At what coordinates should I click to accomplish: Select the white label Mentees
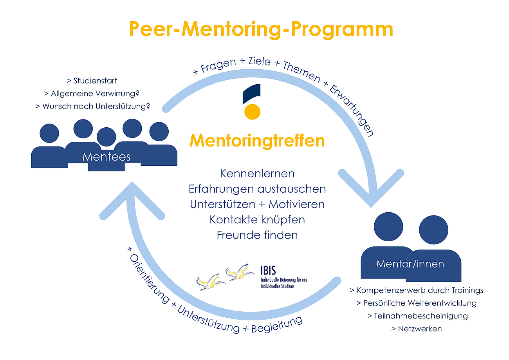point(106,157)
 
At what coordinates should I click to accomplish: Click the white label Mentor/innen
point(410,264)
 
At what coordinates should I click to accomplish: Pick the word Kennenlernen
point(257,173)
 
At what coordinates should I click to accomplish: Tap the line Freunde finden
point(257,235)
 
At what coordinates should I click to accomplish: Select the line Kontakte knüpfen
point(257,220)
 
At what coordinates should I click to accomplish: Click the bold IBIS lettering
point(268,270)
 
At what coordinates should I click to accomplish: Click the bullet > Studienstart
point(92,81)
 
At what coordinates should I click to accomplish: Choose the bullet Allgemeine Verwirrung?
point(92,94)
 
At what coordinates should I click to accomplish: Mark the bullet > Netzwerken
point(416,329)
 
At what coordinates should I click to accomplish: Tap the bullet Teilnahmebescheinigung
point(417,316)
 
